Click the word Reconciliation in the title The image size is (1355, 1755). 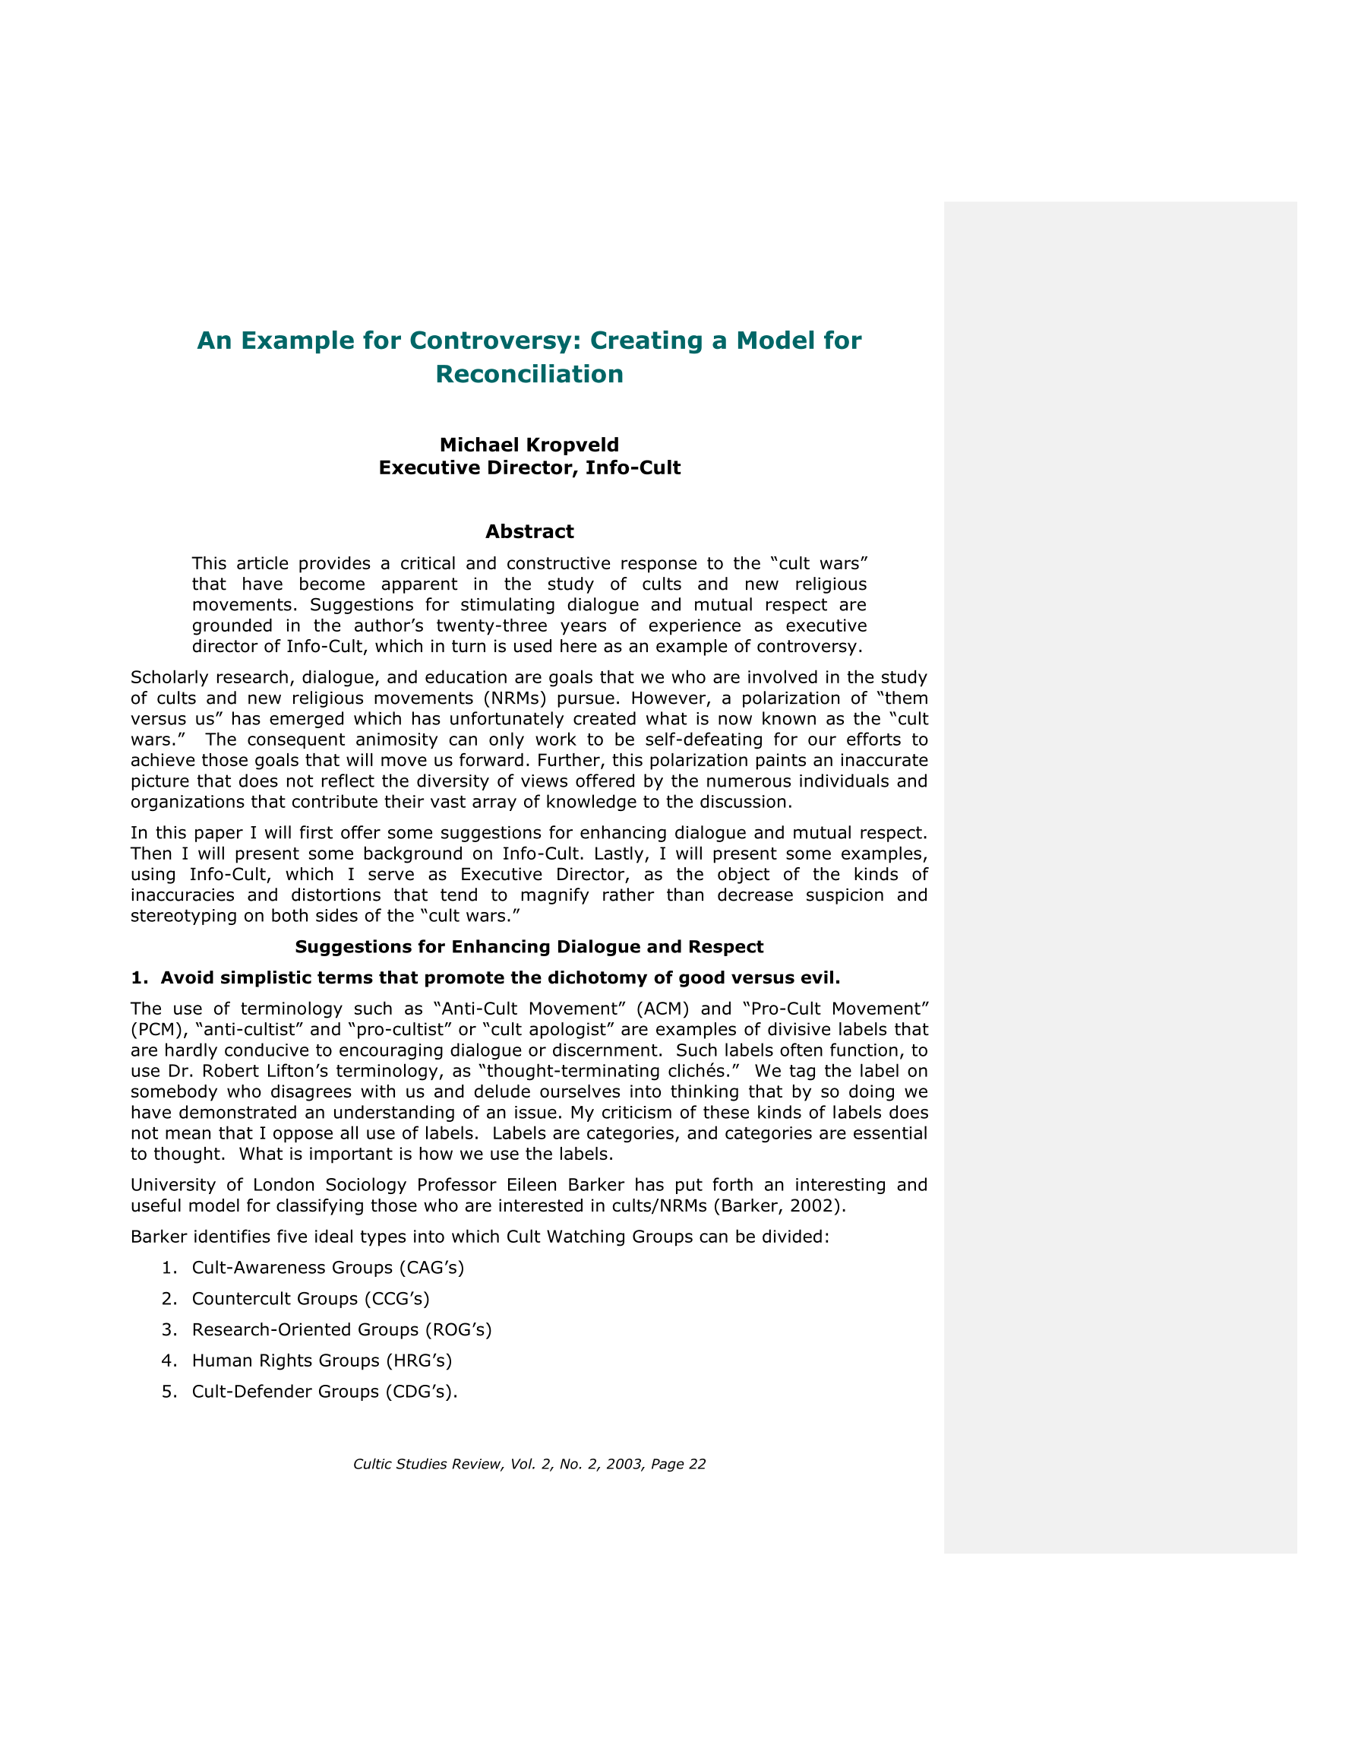point(529,375)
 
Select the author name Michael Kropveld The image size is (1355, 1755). point(529,445)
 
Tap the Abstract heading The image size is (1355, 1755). point(529,532)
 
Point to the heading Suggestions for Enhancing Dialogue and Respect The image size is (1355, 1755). point(529,946)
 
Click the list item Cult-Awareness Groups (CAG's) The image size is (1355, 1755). point(327,1267)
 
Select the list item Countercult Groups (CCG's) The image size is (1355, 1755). point(311,1298)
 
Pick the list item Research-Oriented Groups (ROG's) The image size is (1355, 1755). point(341,1329)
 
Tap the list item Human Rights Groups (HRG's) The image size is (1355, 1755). point(322,1361)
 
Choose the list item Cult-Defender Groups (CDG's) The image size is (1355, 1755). point(324,1391)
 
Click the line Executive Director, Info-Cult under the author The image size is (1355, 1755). point(529,467)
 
